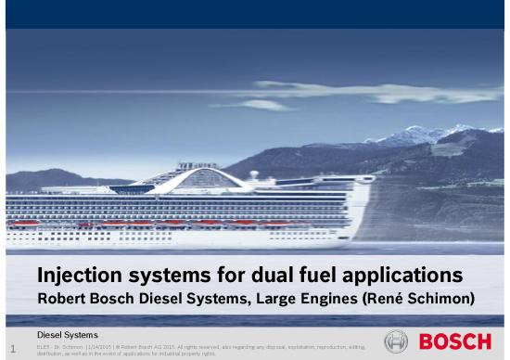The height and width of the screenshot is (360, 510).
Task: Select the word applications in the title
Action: click(x=404, y=276)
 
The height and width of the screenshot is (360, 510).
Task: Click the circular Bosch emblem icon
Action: click(x=396, y=341)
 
